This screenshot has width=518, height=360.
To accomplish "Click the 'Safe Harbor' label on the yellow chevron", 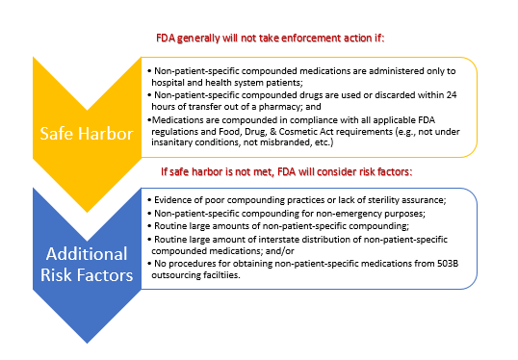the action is [x=87, y=134].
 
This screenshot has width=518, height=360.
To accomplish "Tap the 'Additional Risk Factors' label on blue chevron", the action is [x=87, y=265].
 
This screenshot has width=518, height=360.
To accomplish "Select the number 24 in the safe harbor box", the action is [x=452, y=95].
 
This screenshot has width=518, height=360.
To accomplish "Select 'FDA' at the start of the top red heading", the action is [x=166, y=39].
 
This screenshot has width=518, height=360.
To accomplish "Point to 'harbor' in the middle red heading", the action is [x=206, y=172].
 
